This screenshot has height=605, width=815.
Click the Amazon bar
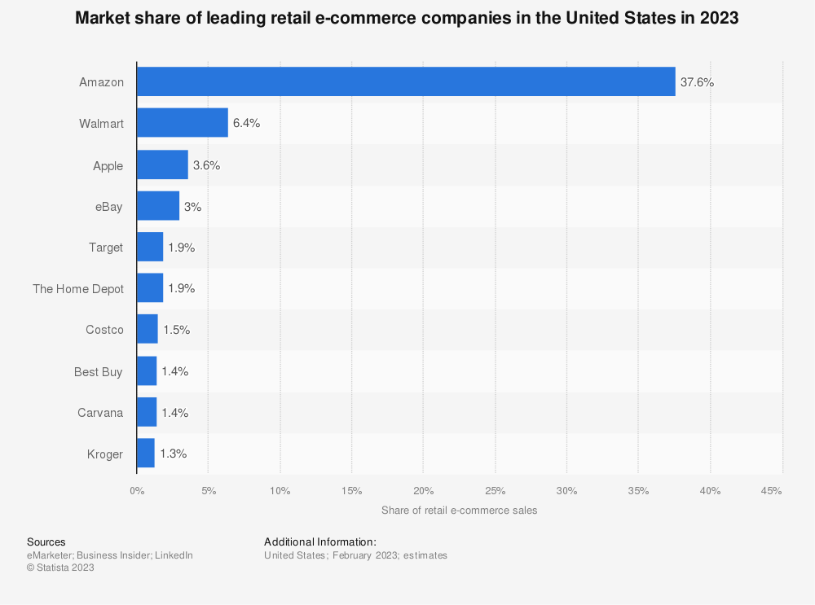pos(406,81)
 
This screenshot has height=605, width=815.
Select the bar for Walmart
pos(183,123)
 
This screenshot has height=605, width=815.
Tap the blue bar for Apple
pos(162,164)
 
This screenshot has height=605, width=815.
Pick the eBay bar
pos(158,206)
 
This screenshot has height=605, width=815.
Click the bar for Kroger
pos(146,454)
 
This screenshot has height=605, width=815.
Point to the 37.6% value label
pos(697,82)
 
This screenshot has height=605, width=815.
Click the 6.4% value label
pos(246,124)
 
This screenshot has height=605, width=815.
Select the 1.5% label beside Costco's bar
pos(175,330)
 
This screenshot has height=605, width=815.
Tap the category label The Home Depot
pos(78,289)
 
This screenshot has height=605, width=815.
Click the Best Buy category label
pos(98,371)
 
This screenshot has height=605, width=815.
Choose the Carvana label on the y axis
pos(99,413)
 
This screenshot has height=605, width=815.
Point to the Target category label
pos(106,248)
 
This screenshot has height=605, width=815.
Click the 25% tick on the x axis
pos(495,491)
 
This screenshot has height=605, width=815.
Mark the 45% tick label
pos(771,491)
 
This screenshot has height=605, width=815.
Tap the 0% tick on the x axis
pos(137,491)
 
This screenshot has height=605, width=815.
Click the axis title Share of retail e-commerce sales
pos(459,511)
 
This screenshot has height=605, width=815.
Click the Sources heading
pos(46,541)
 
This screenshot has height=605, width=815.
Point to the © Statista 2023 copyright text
pos(60,568)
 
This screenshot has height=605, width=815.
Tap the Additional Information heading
pos(320,541)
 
